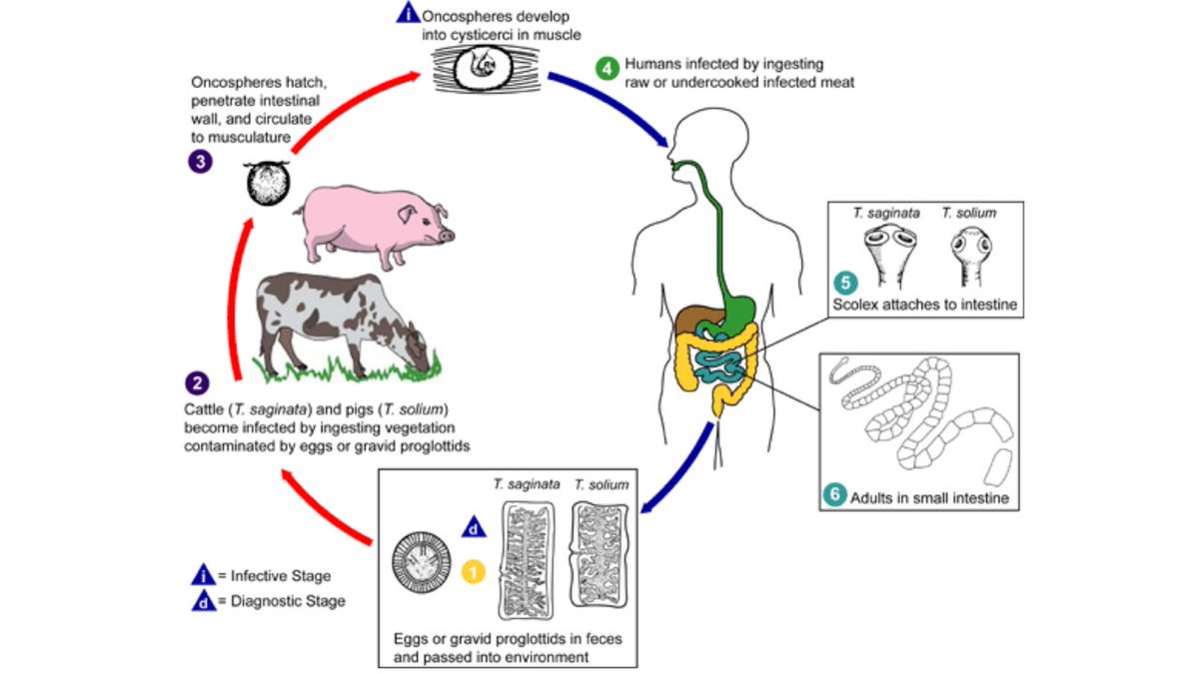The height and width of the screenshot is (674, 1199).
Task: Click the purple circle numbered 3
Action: pos(200,161)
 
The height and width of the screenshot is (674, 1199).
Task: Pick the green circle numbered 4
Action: pos(606,69)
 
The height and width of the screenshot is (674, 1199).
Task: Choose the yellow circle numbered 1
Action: pos(475,572)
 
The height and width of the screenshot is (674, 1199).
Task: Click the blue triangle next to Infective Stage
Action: pos(202,575)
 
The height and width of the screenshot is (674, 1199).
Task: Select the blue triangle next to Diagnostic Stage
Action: pos(202,601)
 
